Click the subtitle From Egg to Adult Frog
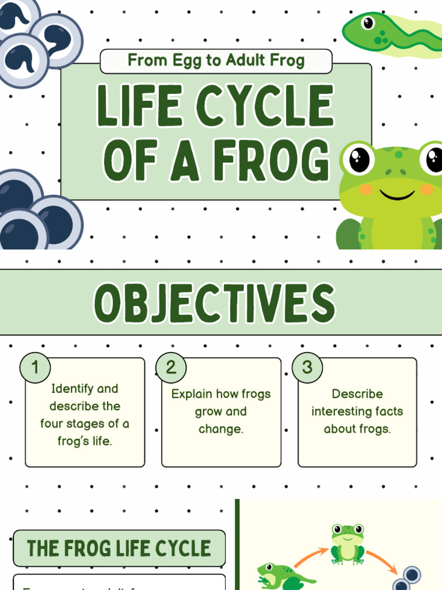click(x=216, y=60)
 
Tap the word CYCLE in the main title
click(x=264, y=107)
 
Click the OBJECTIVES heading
click(x=215, y=302)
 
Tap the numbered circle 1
click(x=35, y=367)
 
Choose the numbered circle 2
click(x=171, y=367)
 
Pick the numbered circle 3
click(x=307, y=367)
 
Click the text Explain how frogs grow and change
click(x=221, y=411)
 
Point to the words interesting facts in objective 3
click(x=357, y=411)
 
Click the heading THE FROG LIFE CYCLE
click(x=119, y=548)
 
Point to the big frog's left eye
click(x=360, y=160)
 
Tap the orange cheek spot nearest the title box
click(x=366, y=189)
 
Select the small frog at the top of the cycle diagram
click(x=348, y=543)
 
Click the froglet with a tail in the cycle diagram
click(x=282, y=577)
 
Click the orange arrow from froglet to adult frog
click(x=310, y=557)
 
